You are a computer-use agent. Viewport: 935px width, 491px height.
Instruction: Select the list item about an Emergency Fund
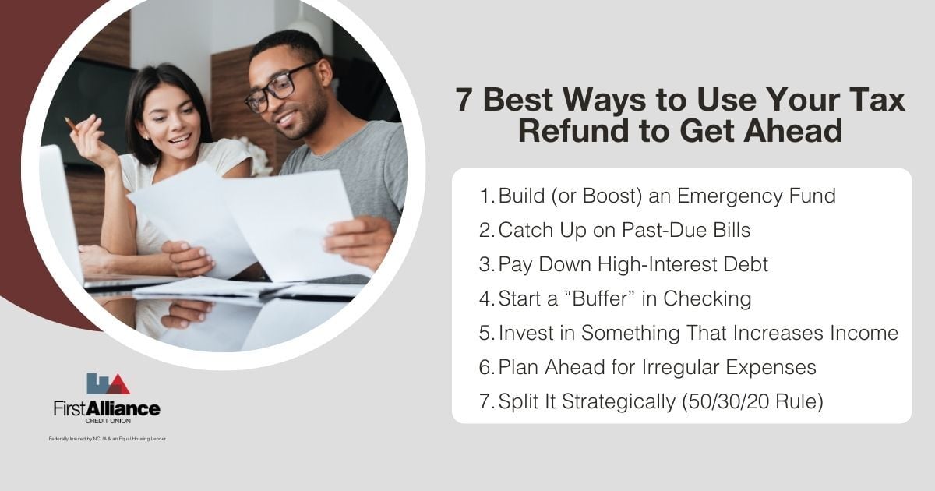pos(666,196)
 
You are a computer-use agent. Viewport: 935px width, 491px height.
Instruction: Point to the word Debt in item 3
pos(746,264)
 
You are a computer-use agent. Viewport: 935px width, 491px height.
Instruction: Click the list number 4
pos(485,298)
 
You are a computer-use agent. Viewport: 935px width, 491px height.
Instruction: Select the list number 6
pos(485,367)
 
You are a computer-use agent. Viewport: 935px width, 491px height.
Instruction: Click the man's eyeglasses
pos(279,87)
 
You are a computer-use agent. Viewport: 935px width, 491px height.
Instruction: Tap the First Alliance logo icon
pos(108,383)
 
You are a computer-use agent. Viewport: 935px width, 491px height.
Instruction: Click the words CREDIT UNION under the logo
pos(108,420)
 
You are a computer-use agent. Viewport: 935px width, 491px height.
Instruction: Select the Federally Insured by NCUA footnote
pos(107,439)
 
